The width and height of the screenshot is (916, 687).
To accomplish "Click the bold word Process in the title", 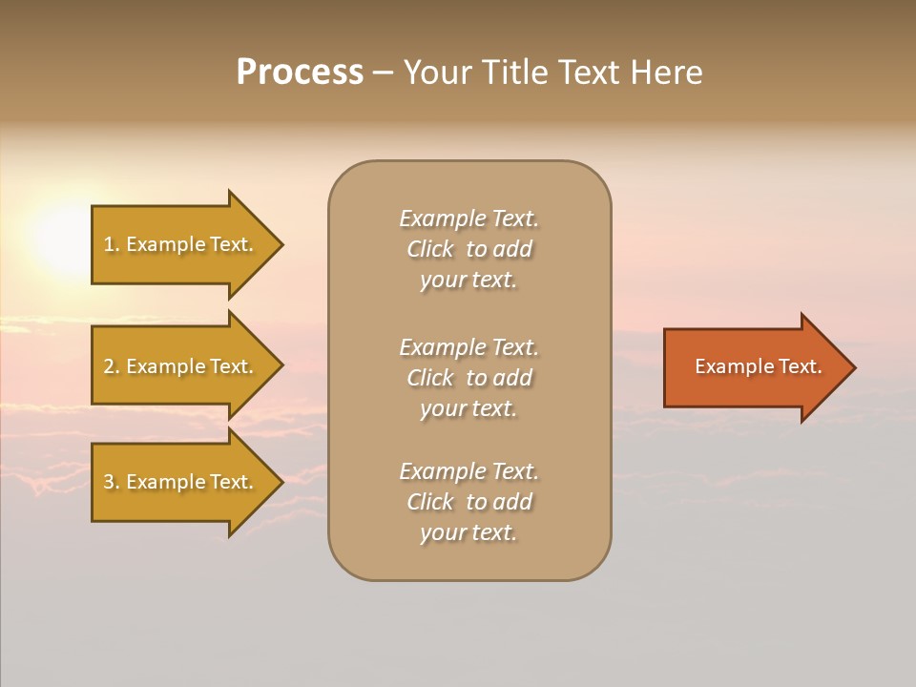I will pyautogui.click(x=300, y=73).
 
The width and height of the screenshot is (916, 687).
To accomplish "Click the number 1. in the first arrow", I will pyautogui.click(x=112, y=244).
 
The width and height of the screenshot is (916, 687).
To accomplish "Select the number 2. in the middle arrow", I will pyautogui.click(x=112, y=366).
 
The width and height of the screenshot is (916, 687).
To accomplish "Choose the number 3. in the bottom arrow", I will pyautogui.click(x=112, y=482).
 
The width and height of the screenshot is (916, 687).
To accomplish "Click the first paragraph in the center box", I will pyautogui.click(x=468, y=249).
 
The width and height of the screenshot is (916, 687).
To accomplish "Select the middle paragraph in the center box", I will pyautogui.click(x=468, y=378).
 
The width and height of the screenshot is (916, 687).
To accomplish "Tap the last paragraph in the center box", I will pyautogui.click(x=468, y=502).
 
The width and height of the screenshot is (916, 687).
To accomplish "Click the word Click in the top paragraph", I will pyautogui.click(x=430, y=249).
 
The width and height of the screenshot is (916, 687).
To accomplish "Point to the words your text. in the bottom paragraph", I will pyautogui.click(x=468, y=532).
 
